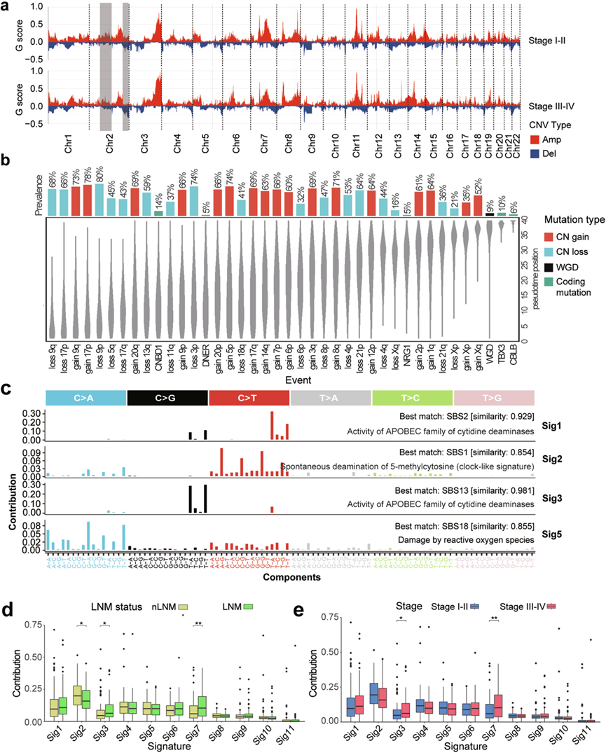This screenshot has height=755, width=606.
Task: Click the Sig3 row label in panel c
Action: pyautogui.click(x=554, y=494)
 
